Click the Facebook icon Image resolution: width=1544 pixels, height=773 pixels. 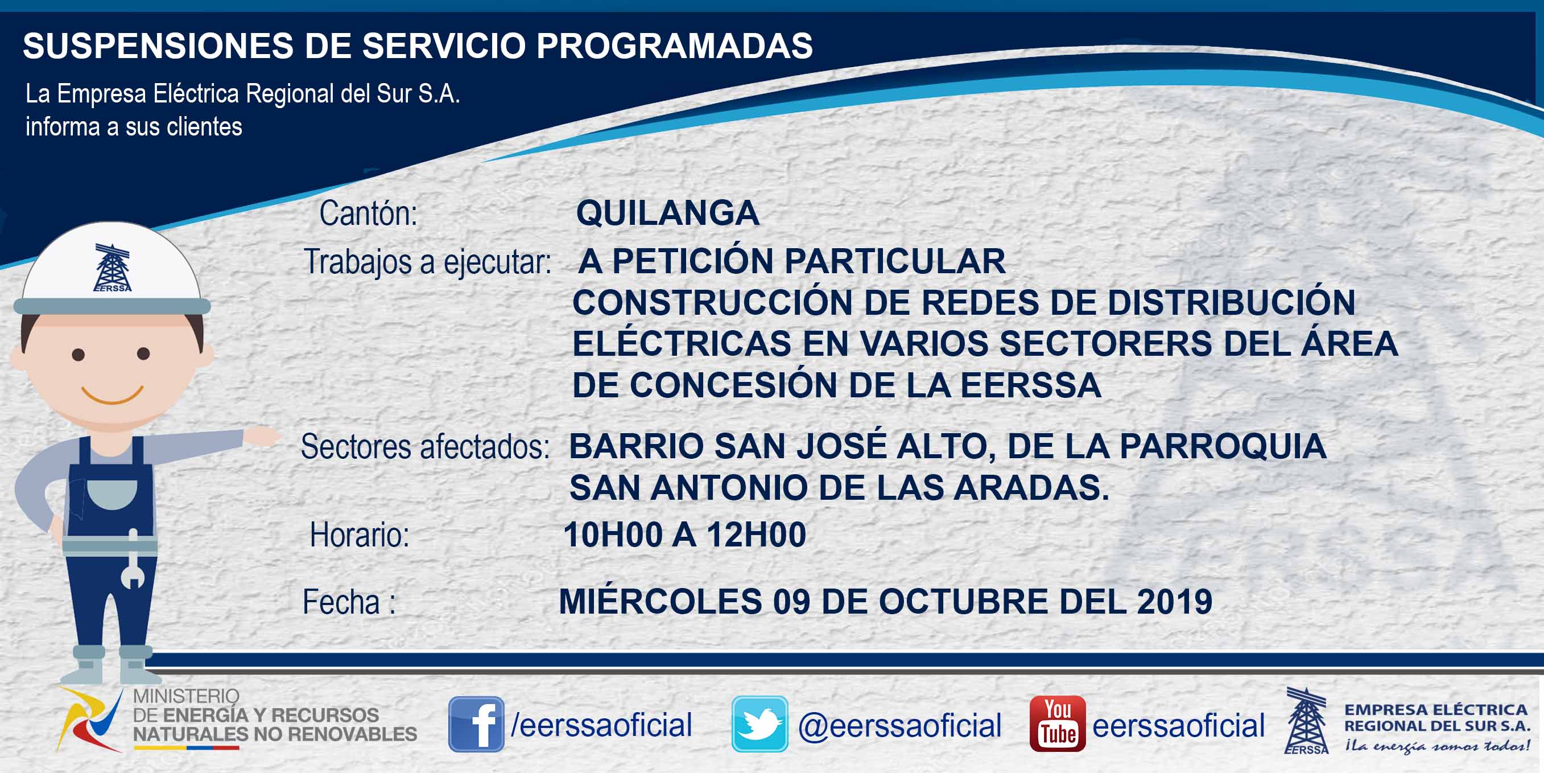pyautogui.click(x=476, y=724)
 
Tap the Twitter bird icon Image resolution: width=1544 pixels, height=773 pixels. pyautogui.click(x=759, y=724)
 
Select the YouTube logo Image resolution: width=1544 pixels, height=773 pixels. pyautogui.click(x=1057, y=724)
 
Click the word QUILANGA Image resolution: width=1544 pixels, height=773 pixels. pyautogui.click(x=668, y=213)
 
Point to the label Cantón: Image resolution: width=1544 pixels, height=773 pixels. pyautogui.click(x=368, y=213)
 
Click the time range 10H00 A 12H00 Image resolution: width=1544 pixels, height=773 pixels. pyautogui.click(x=684, y=534)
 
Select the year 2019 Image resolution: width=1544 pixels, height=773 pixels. pyautogui.click(x=1175, y=602)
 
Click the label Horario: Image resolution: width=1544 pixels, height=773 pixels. pyautogui.click(x=359, y=535)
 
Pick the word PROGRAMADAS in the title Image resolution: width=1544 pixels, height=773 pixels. pyautogui.click(x=674, y=46)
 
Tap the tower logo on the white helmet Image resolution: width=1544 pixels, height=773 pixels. pyautogui.click(x=112, y=268)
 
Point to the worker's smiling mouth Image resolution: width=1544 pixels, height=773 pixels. pyautogui.click(x=112, y=394)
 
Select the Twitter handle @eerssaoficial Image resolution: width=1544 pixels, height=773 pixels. pyautogui.click(x=899, y=726)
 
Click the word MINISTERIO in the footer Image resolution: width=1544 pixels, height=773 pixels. pyautogui.click(x=186, y=696)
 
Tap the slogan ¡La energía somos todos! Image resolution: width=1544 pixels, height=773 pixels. pyautogui.click(x=1436, y=746)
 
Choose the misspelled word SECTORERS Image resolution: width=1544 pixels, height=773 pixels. pyautogui.click(x=1105, y=344)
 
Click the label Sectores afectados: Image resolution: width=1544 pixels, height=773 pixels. pyautogui.click(x=425, y=447)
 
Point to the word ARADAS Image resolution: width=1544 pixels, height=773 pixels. pyautogui.click(x=1031, y=488)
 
